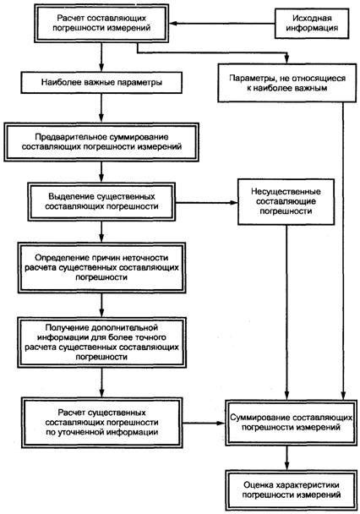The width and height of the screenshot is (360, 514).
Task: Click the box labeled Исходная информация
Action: pos(312,24)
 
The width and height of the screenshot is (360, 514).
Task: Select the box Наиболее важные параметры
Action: pos(101,83)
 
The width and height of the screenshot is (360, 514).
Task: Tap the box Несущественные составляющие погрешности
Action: pos(286,201)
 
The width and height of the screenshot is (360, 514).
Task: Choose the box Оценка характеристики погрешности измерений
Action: pos(291,489)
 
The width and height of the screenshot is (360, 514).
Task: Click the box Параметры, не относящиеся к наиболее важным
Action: pos(287,83)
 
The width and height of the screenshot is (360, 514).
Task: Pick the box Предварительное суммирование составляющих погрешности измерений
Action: pos(101,142)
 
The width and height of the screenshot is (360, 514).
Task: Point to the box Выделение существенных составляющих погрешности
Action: pos(101,201)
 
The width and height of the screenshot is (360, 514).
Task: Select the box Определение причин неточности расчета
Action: pos(101,267)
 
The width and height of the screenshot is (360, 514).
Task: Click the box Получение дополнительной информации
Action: pos(101,342)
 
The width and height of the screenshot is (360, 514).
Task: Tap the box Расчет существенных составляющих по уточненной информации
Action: pos(102,423)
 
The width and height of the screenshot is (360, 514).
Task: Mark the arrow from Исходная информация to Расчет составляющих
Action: pos(221,24)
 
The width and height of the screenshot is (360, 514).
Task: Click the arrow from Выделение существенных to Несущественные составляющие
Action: pos(207,203)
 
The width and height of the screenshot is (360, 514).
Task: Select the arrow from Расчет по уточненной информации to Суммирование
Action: pos(204,423)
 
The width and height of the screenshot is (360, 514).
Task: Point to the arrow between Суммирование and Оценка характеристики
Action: pos(287,457)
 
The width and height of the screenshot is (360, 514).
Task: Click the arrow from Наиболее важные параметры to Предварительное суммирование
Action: pos(101,108)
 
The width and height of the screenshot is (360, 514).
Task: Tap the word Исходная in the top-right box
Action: pos(308,18)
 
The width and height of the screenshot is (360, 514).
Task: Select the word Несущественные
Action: pos(286,191)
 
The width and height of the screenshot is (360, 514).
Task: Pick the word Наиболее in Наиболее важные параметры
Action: pos(57,82)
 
